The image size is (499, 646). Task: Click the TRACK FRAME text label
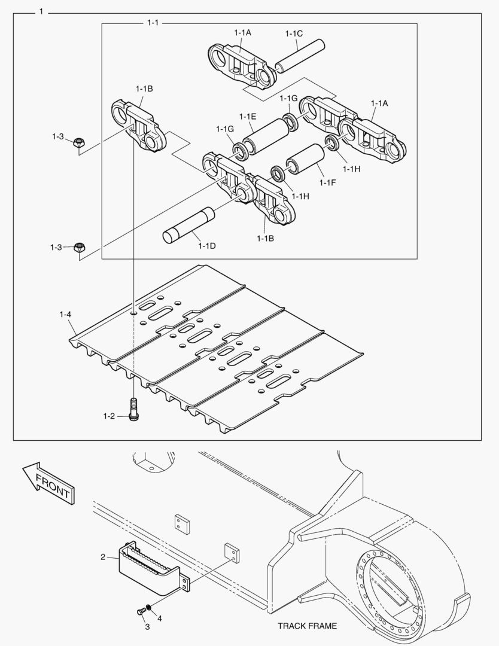[307, 626]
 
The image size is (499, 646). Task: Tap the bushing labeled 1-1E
[266, 136]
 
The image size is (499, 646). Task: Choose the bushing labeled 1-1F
[305, 160]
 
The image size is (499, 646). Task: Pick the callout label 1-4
[65, 314]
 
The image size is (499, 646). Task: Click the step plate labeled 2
[150, 565]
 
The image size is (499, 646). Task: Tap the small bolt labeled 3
[141, 612]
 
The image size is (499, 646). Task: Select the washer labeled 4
[149, 608]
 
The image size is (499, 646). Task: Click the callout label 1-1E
[248, 116]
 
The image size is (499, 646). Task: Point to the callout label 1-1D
[207, 246]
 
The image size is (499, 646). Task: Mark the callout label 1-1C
[294, 33]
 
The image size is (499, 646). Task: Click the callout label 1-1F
[327, 182]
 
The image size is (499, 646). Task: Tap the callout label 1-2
[108, 416]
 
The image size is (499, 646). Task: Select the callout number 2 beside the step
[103, 557]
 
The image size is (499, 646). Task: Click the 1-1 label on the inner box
[153, 23]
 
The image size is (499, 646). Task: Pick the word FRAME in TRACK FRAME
[322, 626]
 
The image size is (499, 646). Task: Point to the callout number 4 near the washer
[160, 618]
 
